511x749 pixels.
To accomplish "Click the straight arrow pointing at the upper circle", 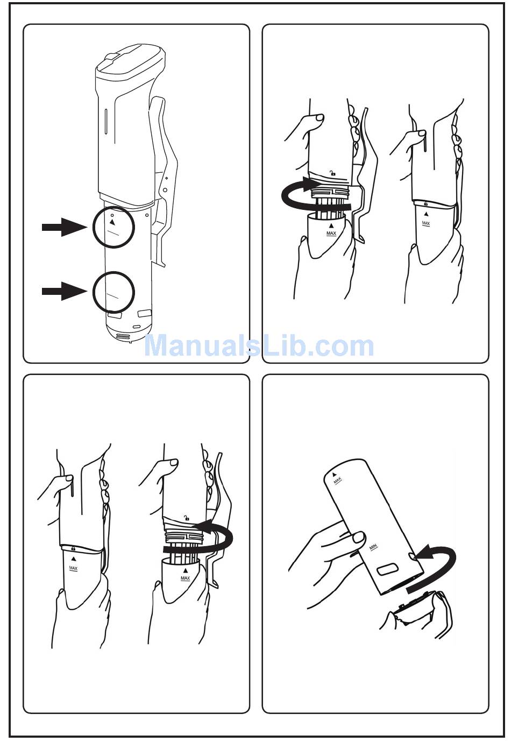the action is tap(64, 227).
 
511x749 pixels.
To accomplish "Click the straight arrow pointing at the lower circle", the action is tap(64, 291).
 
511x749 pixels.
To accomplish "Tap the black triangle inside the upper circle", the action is tap(112, 222).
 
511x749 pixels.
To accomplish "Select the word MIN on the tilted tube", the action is tap(373, 547).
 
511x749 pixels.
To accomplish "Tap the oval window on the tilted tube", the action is tap(387, 569).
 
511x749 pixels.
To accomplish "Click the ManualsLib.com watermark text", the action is tap(259, 346).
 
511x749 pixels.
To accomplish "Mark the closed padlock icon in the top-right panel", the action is tap(426, 203).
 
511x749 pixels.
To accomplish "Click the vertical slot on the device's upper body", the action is tap(105, 119).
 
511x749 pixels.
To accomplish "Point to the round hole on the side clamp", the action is tap(165, 190).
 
